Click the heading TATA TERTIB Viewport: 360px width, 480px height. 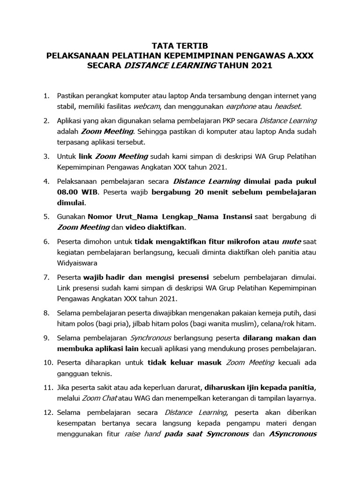[180, 46]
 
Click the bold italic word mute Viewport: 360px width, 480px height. [291, 241]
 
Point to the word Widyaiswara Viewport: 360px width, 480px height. [77, 263]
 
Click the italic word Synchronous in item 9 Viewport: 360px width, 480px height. [150, 337]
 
